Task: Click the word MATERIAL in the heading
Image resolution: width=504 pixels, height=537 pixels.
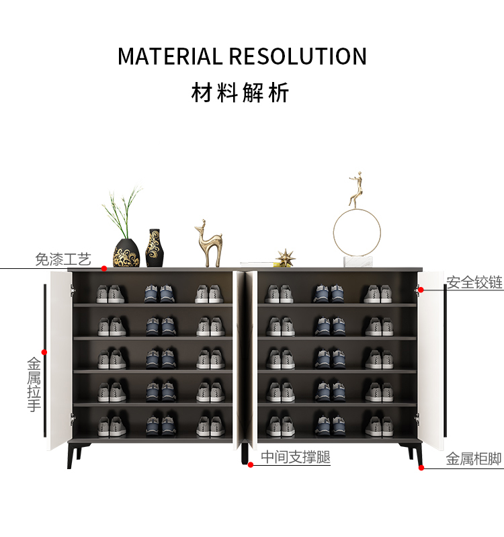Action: point(170,56)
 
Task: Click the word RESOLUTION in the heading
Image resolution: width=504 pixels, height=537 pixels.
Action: point(297,56)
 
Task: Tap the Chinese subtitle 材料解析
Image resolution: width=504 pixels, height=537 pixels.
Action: point(241,93)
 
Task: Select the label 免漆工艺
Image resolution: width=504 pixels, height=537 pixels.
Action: point(62,259)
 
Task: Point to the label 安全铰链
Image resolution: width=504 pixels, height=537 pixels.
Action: point(474,282)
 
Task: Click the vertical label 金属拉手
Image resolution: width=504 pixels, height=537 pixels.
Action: point(34,384)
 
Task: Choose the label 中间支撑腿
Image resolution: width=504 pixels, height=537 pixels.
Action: point(296,458)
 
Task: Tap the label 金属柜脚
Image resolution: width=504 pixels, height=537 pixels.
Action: point(474,460)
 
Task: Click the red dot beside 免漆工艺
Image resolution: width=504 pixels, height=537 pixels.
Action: point(104,268)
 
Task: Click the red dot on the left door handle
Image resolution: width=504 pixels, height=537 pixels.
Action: point(44,352)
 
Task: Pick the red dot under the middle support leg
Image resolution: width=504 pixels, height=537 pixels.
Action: point(250,464)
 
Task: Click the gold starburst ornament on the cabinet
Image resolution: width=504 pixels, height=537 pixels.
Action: point(286,257)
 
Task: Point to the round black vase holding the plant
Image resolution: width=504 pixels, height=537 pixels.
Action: point(126,252)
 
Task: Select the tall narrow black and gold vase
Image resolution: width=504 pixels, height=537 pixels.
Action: point(154,248)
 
